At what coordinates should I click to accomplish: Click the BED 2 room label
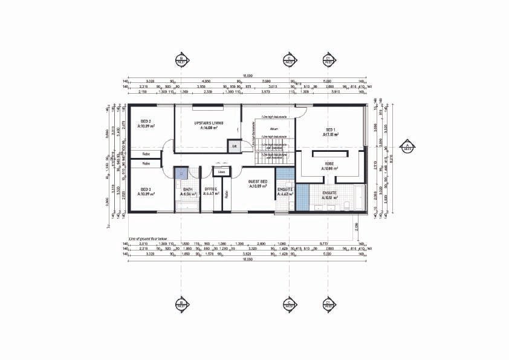click(x=145, y=121)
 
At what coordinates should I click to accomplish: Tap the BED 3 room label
click(x=145, y=190)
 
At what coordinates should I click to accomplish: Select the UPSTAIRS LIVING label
click(x=209, y=123)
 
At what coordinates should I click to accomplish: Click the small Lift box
click(x=233, y=145)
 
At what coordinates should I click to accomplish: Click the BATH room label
click(x=188, y=190)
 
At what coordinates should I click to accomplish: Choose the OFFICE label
click(x=210, y=190)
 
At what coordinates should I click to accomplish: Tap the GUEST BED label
click(x=258, y=182)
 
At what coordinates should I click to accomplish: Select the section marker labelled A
click(x=407, y=146)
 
